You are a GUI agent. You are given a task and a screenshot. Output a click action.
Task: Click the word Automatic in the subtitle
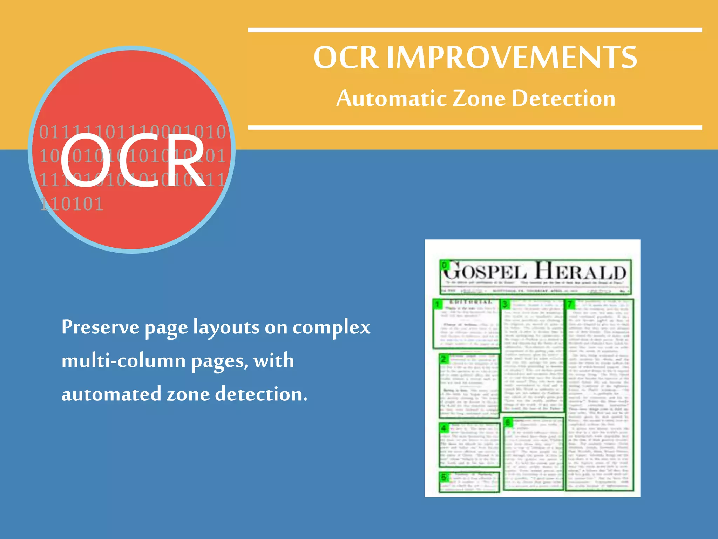pyautogui.click(x=391, y=98)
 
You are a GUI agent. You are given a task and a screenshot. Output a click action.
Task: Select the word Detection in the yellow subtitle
pyautogui.click(x=563, y=98)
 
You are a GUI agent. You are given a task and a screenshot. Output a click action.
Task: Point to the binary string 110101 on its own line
pyautogui.click(x=72, y=204)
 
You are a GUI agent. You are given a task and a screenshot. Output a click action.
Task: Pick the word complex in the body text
pyautogui.click(x=331, y=327)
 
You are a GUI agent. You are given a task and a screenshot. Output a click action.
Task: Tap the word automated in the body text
pyautogui.click(x=111, y=394)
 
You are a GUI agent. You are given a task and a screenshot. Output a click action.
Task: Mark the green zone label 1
pyautogui.click(x=438, y=304)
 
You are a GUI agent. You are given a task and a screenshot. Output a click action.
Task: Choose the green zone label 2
pyautogui.click(x=444, y=359)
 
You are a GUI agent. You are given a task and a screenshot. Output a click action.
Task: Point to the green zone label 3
pyautogui.click(x=505, y=304)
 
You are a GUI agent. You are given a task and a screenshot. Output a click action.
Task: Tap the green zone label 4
pyautogui.click(x=444, y=428)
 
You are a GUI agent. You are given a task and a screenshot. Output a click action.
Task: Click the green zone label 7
pyautogui.click(x=570, y=304)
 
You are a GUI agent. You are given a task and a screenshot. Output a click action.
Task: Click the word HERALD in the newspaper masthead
pyautogui.click(x=581, y=272)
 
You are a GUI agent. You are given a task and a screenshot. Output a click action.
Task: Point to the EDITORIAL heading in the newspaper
pyautogui.click(x=471, y=302)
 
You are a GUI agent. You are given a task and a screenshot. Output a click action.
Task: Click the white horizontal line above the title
pyautogui.click(x=475, y=30)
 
